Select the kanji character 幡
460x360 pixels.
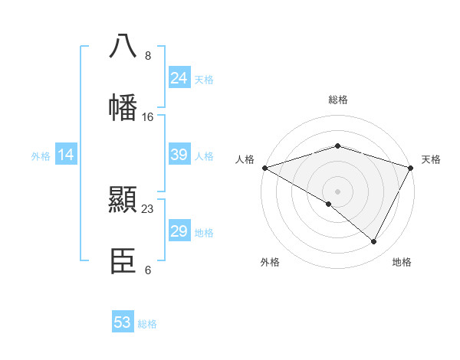point(123,106)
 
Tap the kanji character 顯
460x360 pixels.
point(123,200)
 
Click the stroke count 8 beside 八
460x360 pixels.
point(147,57)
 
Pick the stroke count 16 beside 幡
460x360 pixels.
point(148,117)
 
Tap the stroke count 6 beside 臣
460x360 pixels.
point(147,270)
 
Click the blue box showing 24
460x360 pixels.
point(179,78)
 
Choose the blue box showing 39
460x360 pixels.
point(179,155)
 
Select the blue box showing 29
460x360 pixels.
point(179,231)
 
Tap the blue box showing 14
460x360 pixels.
point(66,155)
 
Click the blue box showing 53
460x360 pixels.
point(123,322)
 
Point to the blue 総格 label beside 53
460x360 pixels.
point(147,324)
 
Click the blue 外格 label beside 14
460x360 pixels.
point(41,156)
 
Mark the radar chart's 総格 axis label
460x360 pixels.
point(337,100)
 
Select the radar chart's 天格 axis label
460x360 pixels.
point(431,159)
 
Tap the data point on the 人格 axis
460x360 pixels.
point(264,167)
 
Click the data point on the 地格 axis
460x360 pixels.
point(374,241)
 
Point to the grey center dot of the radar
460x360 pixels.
point(337,191)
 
